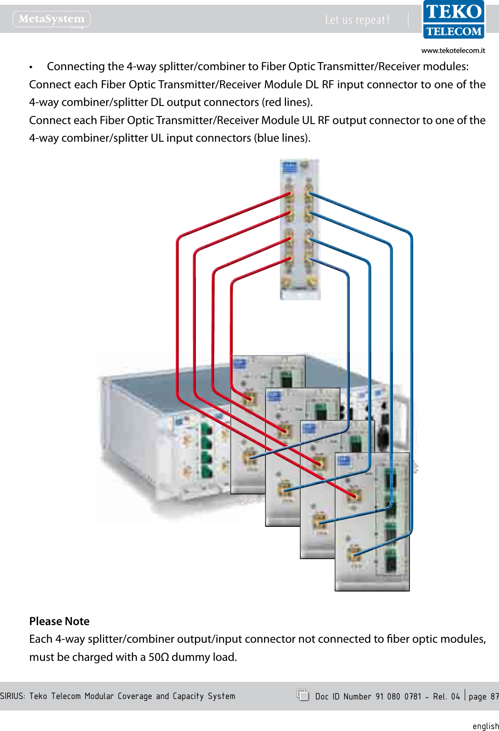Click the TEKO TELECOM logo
click(453, 20)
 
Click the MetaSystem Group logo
click(51, 20)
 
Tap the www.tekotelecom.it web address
click(453, 50)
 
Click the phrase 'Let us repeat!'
click(357, 20)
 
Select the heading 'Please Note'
click(59, 621)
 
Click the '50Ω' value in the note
click(158, 657)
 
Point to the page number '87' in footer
click(494, 696)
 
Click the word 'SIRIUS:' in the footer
click(12, 696)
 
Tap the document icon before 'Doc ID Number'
click(303, 695)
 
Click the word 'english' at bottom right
click(485, 726)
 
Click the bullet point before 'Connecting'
click(31, 67)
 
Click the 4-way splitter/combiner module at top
click(299, 229)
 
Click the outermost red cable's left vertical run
click(177, 315)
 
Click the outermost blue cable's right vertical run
click(411, 382)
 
